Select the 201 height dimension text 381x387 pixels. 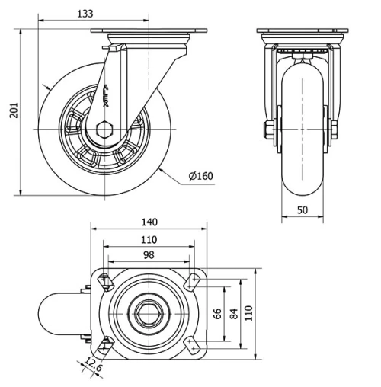pos(11,111)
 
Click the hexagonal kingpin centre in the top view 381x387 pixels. pos(149,315)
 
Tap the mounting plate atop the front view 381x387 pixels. pos(302,34)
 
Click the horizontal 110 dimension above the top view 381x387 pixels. pos(149,239)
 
